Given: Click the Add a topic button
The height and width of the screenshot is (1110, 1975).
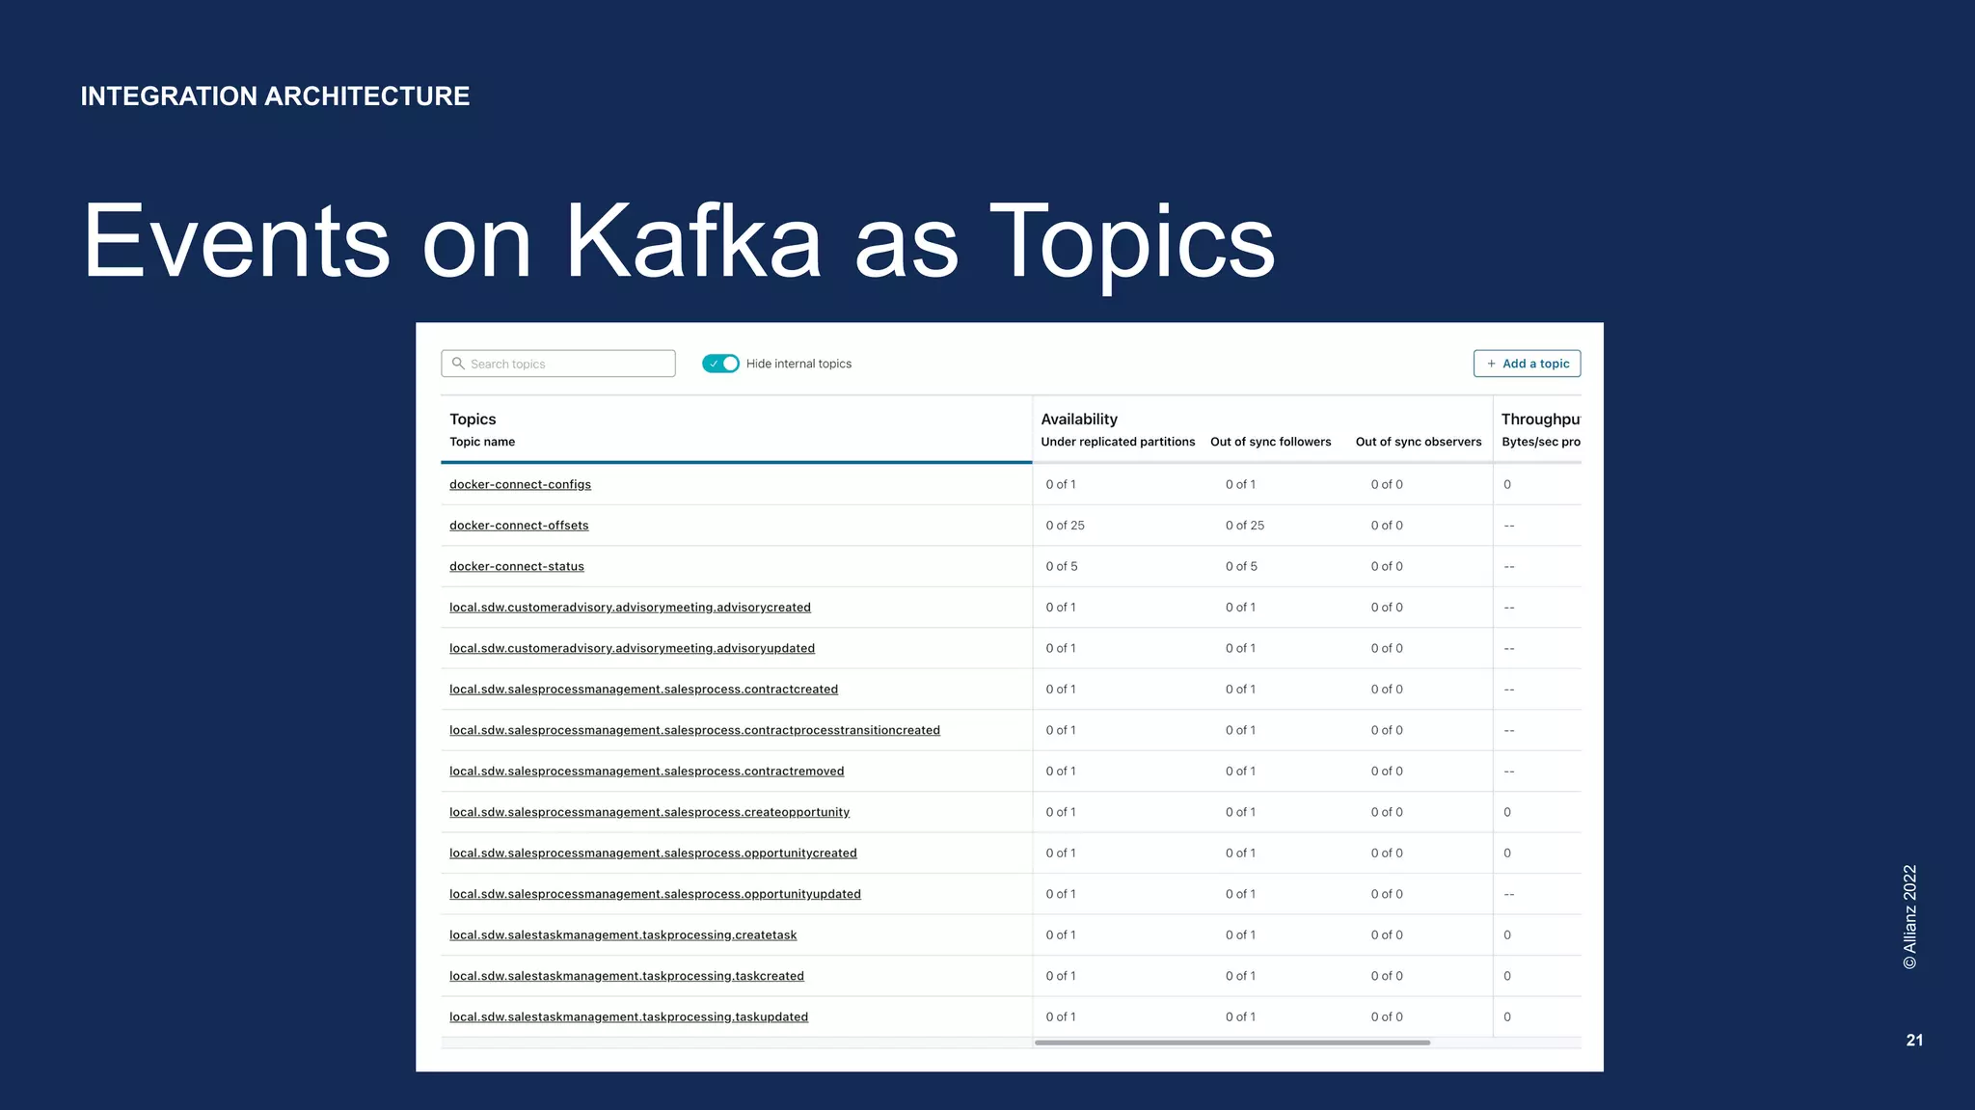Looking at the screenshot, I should click(x=1527, y=364).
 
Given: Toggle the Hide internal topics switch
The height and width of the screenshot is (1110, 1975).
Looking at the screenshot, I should click(x=720, y=364).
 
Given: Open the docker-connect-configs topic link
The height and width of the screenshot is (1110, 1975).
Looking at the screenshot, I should click(x=520, y=484).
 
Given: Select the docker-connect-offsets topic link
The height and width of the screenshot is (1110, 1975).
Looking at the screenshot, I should click(x=519, y=526).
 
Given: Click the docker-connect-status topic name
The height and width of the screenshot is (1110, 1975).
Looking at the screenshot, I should click(x=517, y=566).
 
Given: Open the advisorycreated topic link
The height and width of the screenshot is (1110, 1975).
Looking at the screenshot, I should click(x=630, y=608).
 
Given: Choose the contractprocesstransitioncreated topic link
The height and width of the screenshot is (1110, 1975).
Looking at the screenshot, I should click(x=694, y=730).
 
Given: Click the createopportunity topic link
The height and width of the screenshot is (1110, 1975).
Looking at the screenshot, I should click(x=649, y=812).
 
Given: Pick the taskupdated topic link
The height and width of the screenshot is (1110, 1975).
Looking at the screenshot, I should click(x=629, y=1017).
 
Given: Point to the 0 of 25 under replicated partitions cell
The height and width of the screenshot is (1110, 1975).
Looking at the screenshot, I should click(x=1065, y=526).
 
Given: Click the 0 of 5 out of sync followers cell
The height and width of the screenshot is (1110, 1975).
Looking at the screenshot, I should click(x=1241, y=566).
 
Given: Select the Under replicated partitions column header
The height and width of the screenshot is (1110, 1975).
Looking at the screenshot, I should click(x=1118, y=442).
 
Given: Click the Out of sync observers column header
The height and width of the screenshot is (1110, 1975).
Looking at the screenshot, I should click(x=1418, y=442).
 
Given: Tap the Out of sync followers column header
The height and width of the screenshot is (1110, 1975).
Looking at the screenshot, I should click(x=1270, y=442).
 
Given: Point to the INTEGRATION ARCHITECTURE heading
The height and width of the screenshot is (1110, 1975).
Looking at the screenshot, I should click(x=275, y=96).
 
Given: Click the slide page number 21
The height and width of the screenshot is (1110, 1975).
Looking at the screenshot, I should click(x=1914, y=1040).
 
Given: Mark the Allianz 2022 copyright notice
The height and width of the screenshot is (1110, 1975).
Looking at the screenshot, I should click(x=1909, y=916).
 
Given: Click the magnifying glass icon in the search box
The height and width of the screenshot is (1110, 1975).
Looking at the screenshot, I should click(x=458, y=364).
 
